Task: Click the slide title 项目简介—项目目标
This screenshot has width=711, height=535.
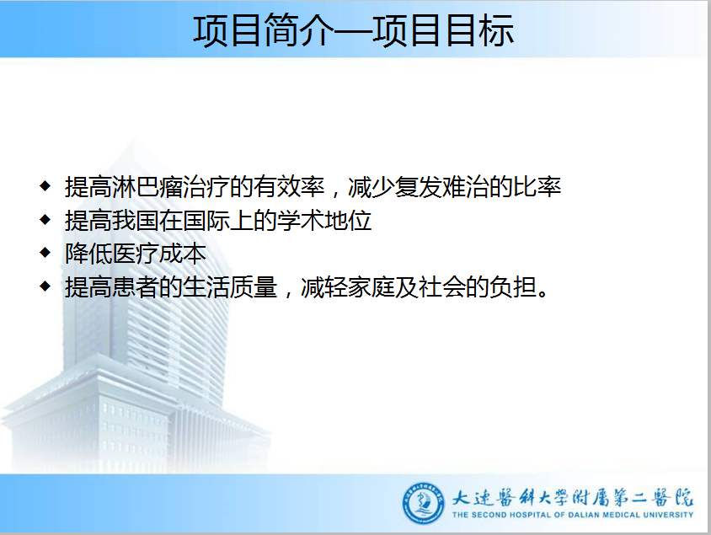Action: click(x=354, y=30)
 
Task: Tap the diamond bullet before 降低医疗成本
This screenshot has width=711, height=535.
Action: click(x=45, y=253)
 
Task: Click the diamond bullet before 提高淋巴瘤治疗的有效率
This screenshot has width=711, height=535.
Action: click(x=45, y=186)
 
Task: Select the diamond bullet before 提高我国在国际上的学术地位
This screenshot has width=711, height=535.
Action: click(x=45, y=220)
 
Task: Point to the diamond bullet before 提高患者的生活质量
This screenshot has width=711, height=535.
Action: click(x=45, y=286)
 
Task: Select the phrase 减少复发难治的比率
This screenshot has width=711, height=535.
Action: click(x=455, y=187)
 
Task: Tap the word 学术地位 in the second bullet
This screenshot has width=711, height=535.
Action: click(x=324, y=221)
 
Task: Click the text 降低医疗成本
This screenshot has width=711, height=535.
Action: click(x=136, y=254)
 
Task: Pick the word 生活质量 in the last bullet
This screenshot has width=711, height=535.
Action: click(x=230, y=287)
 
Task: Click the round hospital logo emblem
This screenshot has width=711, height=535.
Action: click(x=424, y=504)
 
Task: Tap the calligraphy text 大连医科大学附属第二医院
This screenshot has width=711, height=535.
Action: click(x=573, y=497)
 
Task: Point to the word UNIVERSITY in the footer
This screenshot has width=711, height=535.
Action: click(x=668, y=515)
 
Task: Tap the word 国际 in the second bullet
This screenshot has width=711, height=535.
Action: click(x=206, y=221)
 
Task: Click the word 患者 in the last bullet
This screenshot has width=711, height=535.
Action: click(x=136, y=287)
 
